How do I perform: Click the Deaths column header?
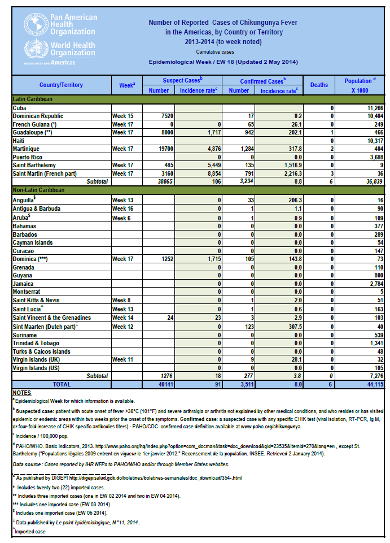[319, 85]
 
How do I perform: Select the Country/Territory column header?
[61, 85]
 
